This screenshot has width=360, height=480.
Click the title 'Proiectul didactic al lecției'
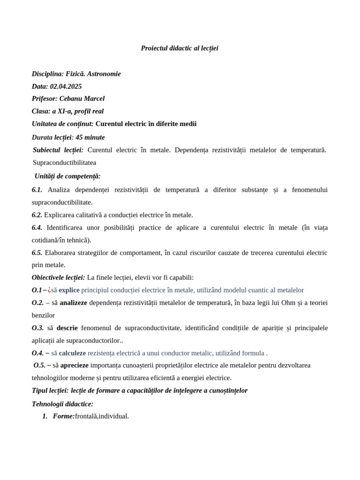(180, 48)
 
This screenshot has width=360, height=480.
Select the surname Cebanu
(72, 98)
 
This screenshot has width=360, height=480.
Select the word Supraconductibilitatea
(64, 162)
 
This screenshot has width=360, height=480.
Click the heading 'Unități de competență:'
(67, 176)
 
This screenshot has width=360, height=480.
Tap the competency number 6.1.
(37, 189)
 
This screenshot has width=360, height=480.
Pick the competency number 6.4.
(37, 227)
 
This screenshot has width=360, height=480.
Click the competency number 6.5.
(37, 253)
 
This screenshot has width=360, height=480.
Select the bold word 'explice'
(69, 290)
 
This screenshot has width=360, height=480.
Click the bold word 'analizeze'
(73, 303)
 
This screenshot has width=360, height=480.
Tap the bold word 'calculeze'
(72, 353)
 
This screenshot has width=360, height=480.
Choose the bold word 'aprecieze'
(74, 365)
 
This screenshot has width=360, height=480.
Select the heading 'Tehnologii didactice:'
(62, 404)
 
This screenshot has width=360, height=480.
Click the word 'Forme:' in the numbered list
(64, 416)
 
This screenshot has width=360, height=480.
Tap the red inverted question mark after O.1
(49, 290)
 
